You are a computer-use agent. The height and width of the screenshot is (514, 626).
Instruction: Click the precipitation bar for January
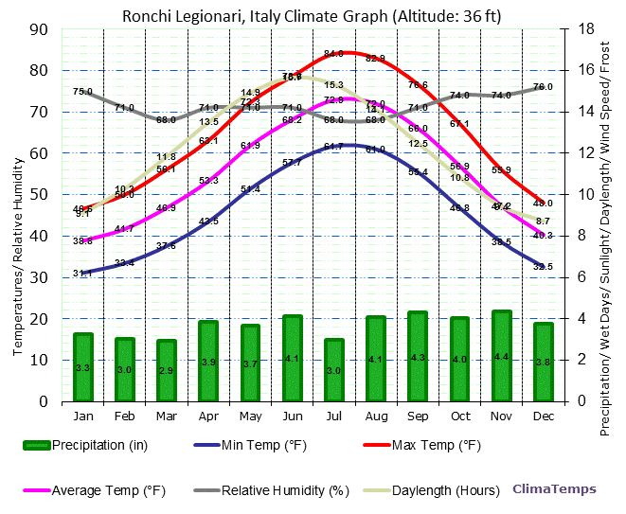83,367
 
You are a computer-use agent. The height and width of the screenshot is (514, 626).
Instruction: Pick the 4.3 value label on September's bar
418,358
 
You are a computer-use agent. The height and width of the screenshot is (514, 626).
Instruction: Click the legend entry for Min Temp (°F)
253,444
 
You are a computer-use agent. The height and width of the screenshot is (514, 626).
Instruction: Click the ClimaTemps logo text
554,489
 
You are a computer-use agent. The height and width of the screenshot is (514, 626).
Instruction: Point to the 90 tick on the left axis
40,28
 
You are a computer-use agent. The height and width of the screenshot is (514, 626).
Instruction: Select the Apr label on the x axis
208,416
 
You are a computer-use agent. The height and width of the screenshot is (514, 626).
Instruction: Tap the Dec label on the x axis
543,416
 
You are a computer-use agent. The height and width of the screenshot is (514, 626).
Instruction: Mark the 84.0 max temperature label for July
333,54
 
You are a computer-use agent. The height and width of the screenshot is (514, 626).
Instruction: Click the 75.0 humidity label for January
82,92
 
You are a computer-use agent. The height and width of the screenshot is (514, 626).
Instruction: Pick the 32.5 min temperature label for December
543,267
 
